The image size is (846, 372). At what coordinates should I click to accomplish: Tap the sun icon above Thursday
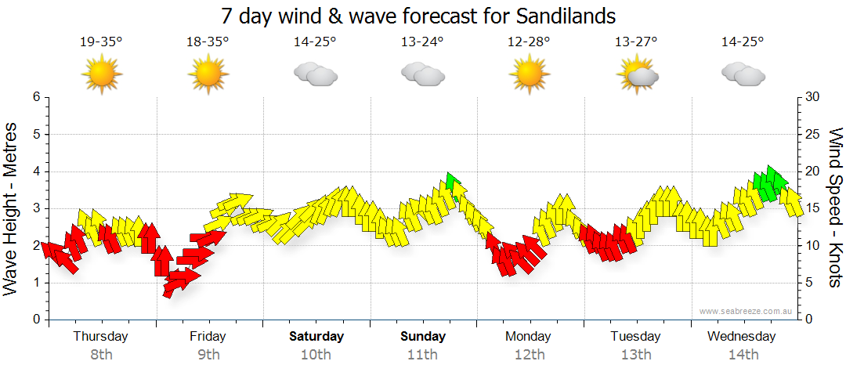click(101, 74)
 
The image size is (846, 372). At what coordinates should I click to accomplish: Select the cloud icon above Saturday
click(315, 74)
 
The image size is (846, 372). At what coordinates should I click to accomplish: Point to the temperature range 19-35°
click(101, 42)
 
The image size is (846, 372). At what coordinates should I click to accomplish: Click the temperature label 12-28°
click(529, 42)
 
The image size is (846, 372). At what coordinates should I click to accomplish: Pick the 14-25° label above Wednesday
click(742, 42)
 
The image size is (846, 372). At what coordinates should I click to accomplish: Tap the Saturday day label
click(316, 337)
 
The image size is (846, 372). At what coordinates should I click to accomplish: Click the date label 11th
click(423, 354)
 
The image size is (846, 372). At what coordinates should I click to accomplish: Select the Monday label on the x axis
click(529, 337)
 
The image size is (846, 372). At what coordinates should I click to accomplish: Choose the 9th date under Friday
click(208, 354)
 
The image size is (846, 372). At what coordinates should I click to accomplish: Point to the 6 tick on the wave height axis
click(36, 97)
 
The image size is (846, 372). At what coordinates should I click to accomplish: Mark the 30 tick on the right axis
click(814, 97)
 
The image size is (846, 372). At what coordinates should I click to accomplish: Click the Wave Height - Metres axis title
click(12, 208)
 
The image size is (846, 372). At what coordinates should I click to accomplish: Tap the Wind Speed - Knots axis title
click(835, 208)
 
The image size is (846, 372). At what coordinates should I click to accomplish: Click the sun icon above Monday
click(529, 74)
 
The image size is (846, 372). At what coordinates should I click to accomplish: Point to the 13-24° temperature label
click(421, 42)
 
